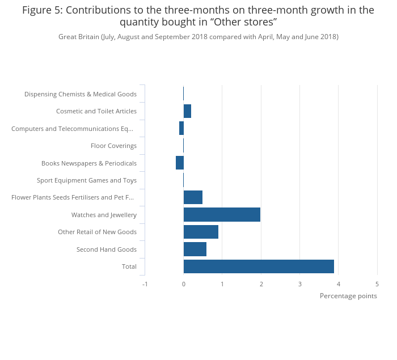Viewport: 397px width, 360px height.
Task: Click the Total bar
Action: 259,266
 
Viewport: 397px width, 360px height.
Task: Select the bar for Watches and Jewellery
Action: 222,215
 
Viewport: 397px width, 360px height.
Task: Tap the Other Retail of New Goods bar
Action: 201,232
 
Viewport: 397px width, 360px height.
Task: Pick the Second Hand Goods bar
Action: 195,249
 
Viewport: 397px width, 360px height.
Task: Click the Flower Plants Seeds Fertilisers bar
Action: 193,197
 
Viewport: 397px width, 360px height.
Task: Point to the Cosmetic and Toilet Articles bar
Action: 187,111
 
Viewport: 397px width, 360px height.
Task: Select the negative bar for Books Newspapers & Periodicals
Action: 180,163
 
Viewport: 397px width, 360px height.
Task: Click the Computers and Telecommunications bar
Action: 181,128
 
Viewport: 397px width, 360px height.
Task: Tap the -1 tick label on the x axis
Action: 145,284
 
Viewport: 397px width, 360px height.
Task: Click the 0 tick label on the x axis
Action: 184,284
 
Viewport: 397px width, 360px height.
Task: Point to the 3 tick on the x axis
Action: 300,284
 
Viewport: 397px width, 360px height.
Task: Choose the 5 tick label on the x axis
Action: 377,284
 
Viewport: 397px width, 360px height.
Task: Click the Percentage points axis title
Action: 348,296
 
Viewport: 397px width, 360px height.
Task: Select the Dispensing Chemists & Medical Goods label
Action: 81,94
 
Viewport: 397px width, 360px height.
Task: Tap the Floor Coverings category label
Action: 113,146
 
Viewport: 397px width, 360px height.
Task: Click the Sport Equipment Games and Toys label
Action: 87,180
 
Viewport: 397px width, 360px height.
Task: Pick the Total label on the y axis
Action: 129,266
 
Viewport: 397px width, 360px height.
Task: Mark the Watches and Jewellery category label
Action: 104,215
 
